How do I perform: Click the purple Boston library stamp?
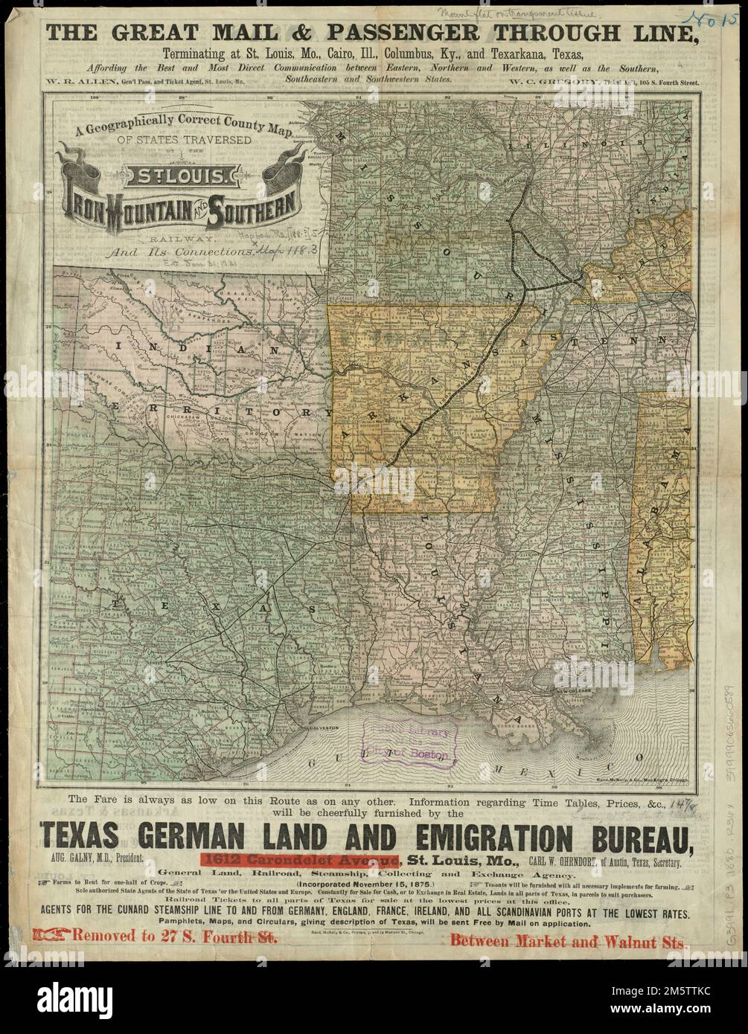pyautogui.click(x=408, y=742)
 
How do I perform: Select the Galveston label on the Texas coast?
pyautogui.click(x=319, y=725)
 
